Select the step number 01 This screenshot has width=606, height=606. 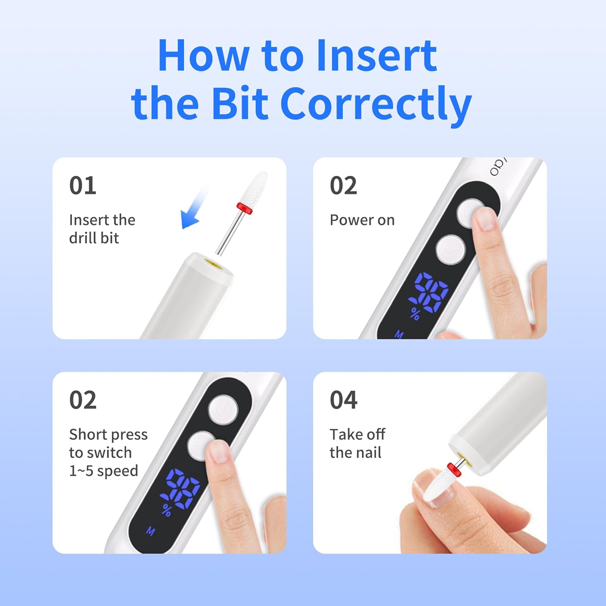83,185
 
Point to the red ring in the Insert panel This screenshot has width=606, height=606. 244,207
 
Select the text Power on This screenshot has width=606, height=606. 362,220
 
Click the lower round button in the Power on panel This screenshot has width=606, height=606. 450,249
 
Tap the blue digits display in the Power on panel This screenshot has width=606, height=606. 429,292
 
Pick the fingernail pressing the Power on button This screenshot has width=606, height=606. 485,219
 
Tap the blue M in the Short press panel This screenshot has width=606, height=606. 151,531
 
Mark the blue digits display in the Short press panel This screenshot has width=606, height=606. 181,489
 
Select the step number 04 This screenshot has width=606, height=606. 343,400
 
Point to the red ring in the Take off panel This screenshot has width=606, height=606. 455,469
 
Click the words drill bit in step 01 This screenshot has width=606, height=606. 94,238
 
